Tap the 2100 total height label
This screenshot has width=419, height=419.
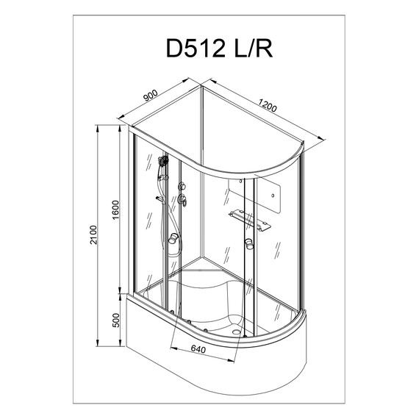pos(93,236)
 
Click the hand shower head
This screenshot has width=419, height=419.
pos(163,160)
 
